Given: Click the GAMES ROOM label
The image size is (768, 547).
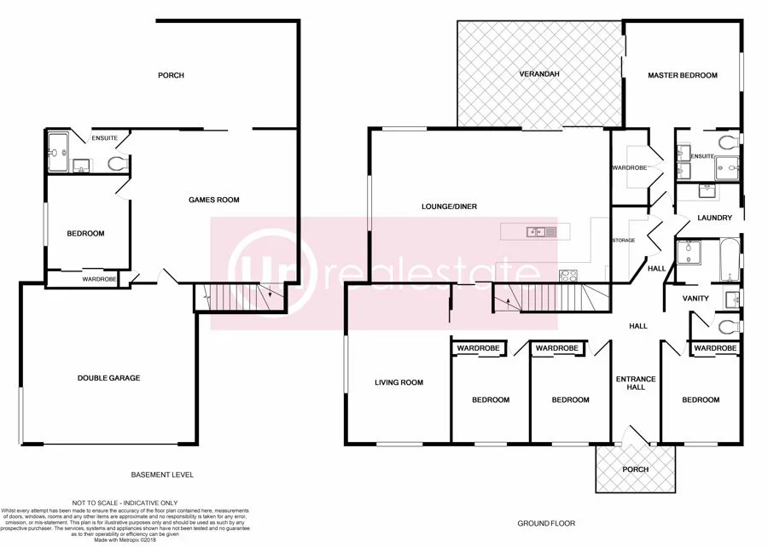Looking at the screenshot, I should pyautogui.click(x=213, y=200).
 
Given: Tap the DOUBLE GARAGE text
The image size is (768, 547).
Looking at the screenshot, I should pyautogui.click(x=108, y=378).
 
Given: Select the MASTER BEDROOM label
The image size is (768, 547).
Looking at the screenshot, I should pyautogui.click(x=682, y=75).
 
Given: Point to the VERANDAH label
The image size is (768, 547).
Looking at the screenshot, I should pyautogui.click(x=539, y=75).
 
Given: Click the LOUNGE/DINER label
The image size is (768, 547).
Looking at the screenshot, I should pyautogui.click(x=449, y=206).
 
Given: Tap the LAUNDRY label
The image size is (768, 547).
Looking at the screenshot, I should pyautogui.click(x=714, y=218).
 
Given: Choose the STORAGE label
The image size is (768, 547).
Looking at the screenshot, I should pyautogui.click(x=623, y=241).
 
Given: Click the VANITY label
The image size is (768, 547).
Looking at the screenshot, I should pyautogui.click(x=696, y=299).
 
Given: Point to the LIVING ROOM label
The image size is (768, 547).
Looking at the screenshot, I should pyautogui.click(x=399, y=382).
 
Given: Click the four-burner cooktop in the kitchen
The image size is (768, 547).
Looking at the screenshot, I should pyautogui.click(x=567, y=275).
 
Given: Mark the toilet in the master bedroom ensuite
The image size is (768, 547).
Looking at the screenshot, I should pyautogui.click(x=728, y=141).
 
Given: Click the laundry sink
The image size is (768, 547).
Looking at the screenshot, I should pyautogui.click(x=707, y=190).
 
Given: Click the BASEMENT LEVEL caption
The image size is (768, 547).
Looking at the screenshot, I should pyautogui.click(x=162, y=474).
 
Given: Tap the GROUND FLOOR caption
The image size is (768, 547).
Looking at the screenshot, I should pyautogui.click(x=547, y=522).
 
